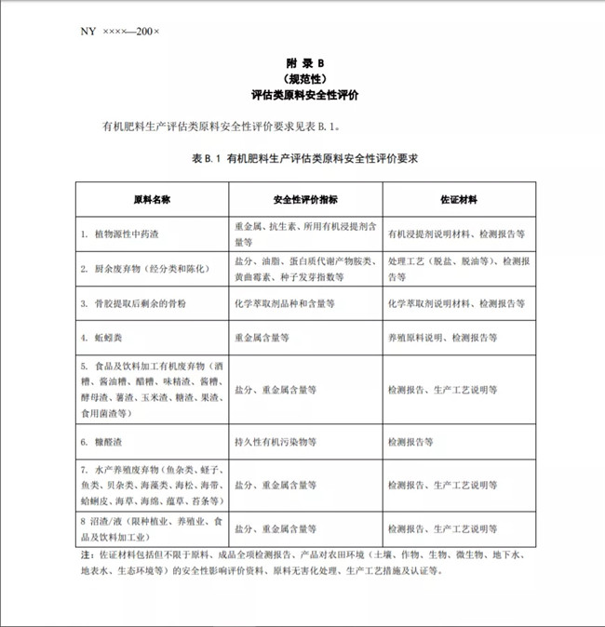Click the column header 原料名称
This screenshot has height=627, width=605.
(152, 199)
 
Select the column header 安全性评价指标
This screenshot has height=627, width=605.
(305, 199)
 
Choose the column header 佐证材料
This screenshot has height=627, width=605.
(458, 199)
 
